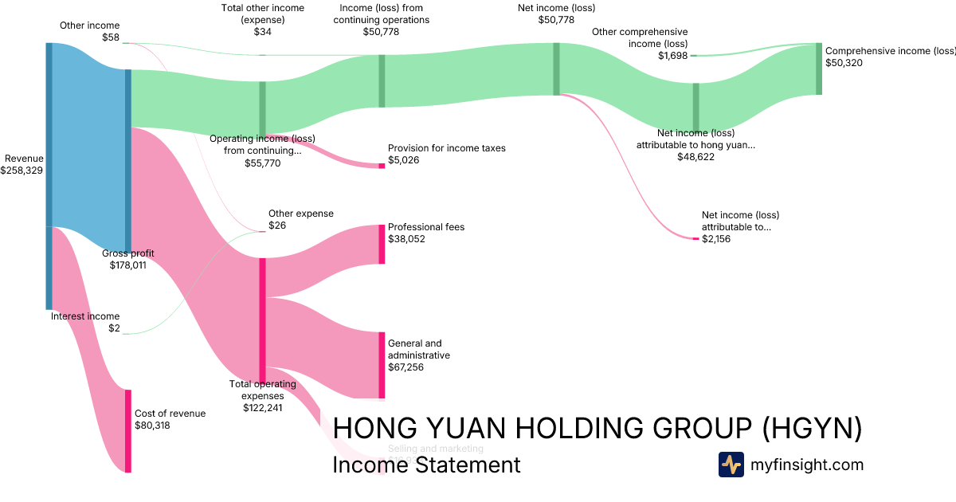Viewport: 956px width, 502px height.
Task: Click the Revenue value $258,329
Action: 23,171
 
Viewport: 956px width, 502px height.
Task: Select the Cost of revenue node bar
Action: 127,430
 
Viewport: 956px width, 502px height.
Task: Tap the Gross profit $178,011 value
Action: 127,265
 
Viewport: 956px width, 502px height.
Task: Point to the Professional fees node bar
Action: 382,244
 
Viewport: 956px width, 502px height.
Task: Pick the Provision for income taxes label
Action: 446,148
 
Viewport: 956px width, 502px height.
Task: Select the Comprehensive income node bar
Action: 818,69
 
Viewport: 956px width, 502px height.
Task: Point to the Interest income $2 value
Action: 115,328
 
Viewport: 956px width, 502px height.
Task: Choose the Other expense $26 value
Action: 278,226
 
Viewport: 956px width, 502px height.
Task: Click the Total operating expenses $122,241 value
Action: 262,407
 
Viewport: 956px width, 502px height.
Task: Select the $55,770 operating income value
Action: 262,163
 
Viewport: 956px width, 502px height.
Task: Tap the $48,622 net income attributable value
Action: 695,157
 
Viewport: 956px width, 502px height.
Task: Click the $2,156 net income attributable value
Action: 715,239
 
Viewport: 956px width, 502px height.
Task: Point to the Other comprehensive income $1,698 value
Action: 672,56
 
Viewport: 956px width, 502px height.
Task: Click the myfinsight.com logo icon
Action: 731,465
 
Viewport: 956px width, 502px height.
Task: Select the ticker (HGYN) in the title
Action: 812,428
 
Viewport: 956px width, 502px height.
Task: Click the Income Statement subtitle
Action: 426,465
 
